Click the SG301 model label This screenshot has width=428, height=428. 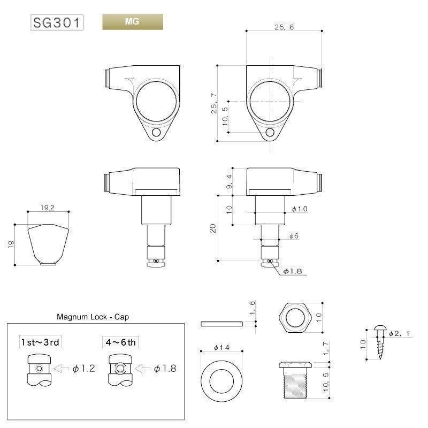coord(57,22)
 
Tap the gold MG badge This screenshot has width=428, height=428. coord(133,22)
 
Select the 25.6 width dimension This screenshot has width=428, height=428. coord(284,27)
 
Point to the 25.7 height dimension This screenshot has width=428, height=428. coord(214,103)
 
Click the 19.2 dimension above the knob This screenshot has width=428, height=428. coord(48,208)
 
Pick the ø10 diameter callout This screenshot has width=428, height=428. coord(300,209)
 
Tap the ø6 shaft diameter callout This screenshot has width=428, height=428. coord(294,236)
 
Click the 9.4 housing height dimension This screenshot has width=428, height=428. coord(230,181)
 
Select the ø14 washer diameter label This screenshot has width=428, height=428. coord(221,347)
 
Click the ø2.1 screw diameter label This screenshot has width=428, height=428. coord(399,333)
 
